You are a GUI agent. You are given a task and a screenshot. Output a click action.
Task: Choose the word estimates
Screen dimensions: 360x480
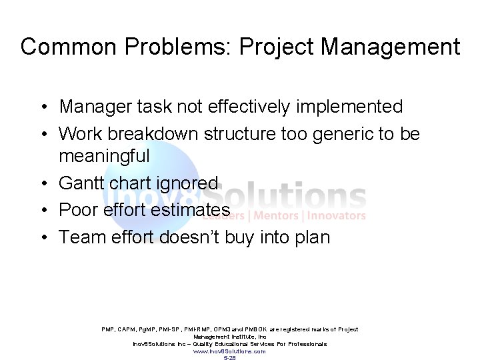[x=189, y=210]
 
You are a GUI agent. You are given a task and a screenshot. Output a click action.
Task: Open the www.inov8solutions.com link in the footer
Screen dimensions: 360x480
[x=229, y=351]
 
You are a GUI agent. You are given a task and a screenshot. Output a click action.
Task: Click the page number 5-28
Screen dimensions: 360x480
[x=229, y=357]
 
